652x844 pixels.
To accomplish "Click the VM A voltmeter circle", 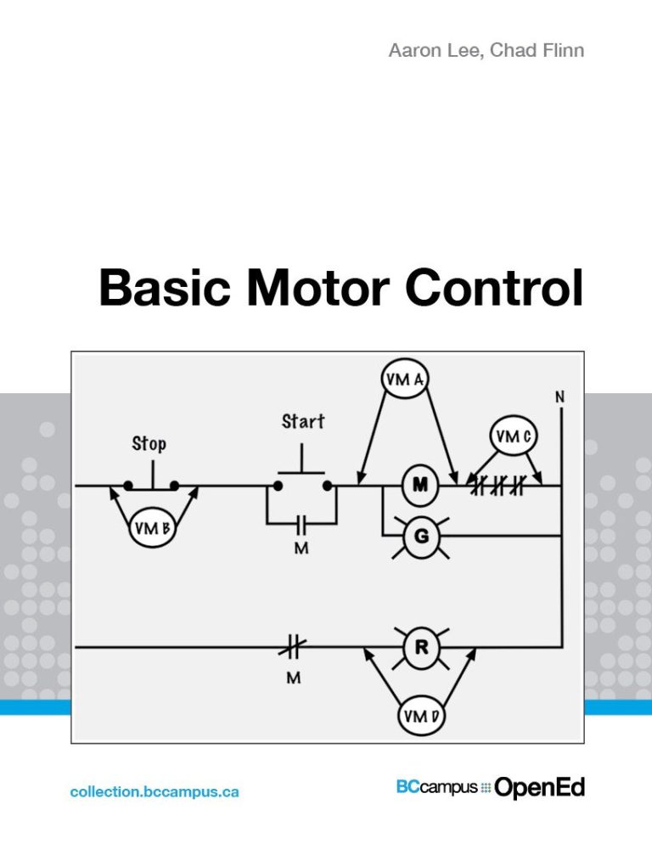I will [x=404, y=380].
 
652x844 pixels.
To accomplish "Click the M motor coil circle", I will [x=419, y=485].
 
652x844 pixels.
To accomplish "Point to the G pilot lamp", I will [x=419, y=535].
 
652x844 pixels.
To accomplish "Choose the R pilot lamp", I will [x=420, y=647].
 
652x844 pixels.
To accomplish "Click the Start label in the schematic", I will [x=303, y=421].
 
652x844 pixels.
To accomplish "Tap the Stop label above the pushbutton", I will [x=149, y=443].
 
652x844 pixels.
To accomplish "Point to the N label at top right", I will [x=560, y=397].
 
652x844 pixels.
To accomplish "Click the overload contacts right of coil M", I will [x=498, y=487].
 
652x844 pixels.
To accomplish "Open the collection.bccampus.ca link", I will [x=155, y=791].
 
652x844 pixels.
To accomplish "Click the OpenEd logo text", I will [x=539, y=788].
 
